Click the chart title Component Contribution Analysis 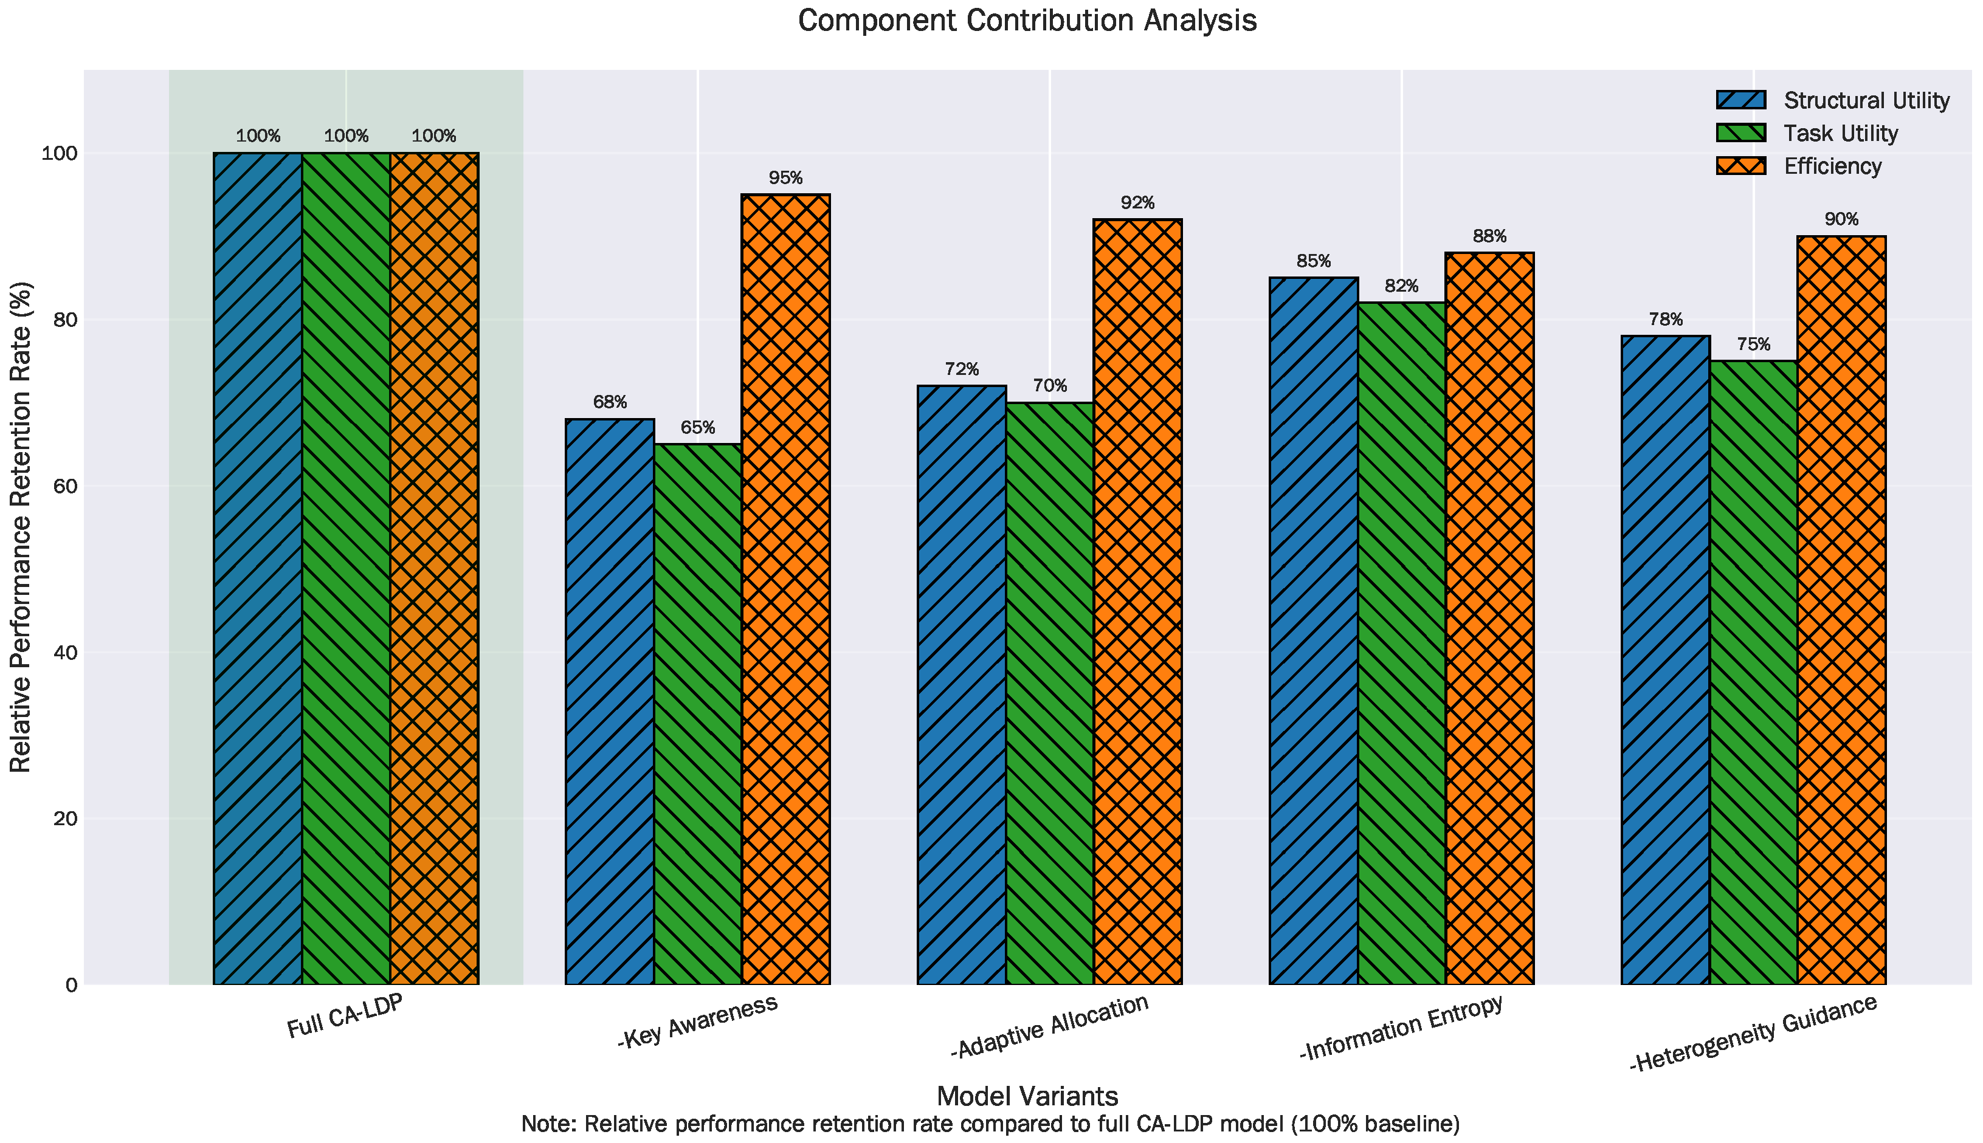1027,21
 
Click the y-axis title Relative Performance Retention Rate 21,527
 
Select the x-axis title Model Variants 1027,1096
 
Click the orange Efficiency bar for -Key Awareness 785,589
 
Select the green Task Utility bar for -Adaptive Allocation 1050,693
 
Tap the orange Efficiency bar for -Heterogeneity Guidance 1841,610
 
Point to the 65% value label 697,428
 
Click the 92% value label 1137,204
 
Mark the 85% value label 1314,261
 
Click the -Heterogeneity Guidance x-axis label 1754,1033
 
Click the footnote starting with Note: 990,1124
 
